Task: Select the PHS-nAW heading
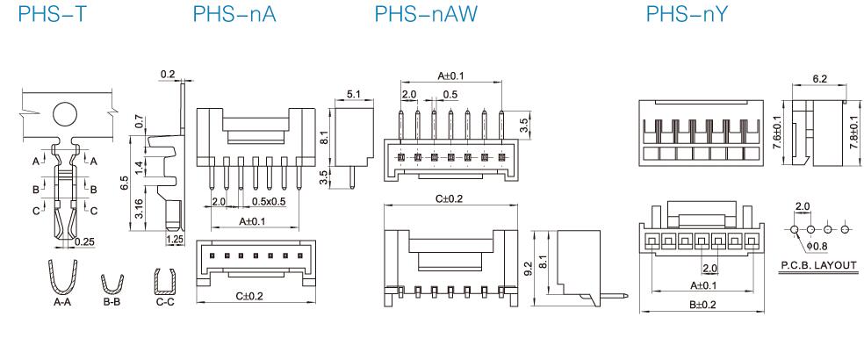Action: (x=415, y=18)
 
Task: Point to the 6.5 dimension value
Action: (x=126, y=182)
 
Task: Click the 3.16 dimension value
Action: (x=140, y=210)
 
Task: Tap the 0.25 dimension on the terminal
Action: (x=84, y=241)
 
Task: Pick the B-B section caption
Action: (x=111, y=300)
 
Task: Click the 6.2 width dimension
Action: (x=820, y=78)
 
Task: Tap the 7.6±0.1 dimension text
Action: (x=777, y=133)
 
